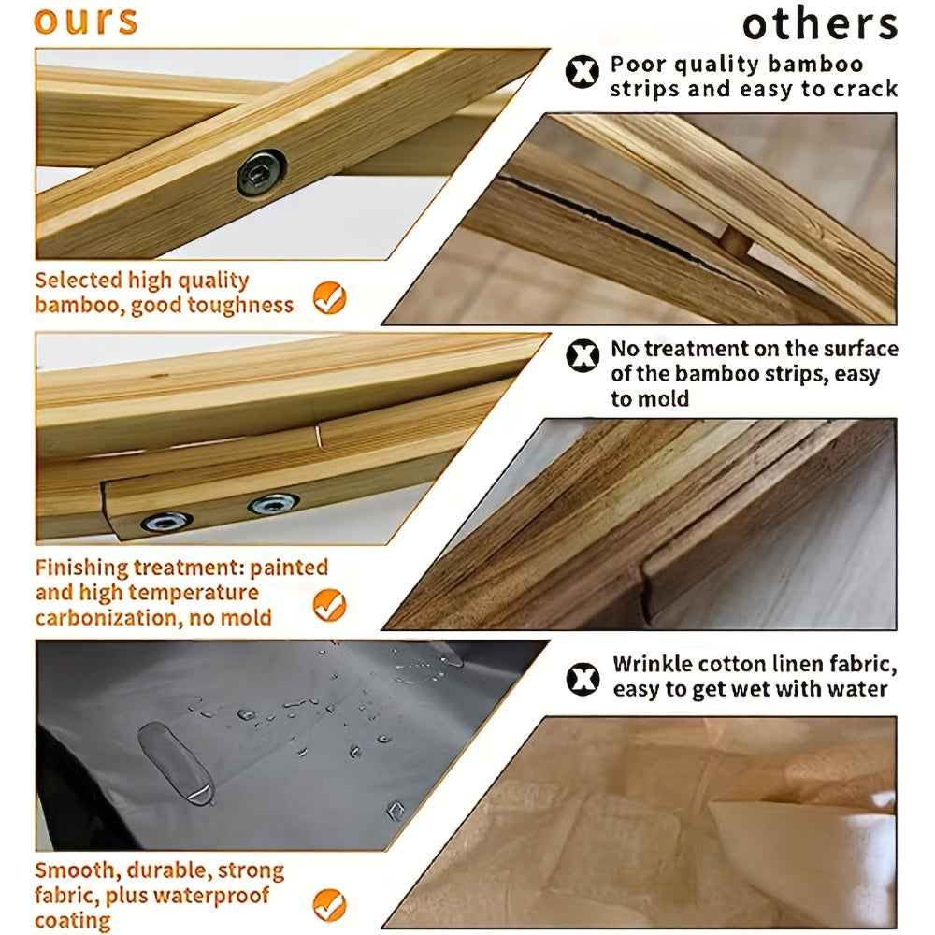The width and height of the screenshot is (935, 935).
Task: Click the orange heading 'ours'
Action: click(86, 22)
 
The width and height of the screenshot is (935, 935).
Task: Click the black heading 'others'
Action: click(820, 24)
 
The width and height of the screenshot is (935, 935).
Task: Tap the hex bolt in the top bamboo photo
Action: click(261, 172)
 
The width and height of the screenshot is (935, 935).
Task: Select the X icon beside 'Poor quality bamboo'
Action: click(582, 72)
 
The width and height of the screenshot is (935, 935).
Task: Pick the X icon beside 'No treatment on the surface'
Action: click(583, 356)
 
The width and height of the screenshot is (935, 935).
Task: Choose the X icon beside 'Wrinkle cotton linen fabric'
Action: click(583, 679)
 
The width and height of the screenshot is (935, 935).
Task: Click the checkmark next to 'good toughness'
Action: click(330, 297)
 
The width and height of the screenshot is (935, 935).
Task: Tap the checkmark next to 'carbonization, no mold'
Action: click(330, 605)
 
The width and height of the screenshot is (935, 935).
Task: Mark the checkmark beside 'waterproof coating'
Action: click(330, 904)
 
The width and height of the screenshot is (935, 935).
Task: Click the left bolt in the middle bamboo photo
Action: click(166, 522)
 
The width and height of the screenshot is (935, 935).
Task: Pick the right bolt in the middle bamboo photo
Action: click(274, 504)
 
